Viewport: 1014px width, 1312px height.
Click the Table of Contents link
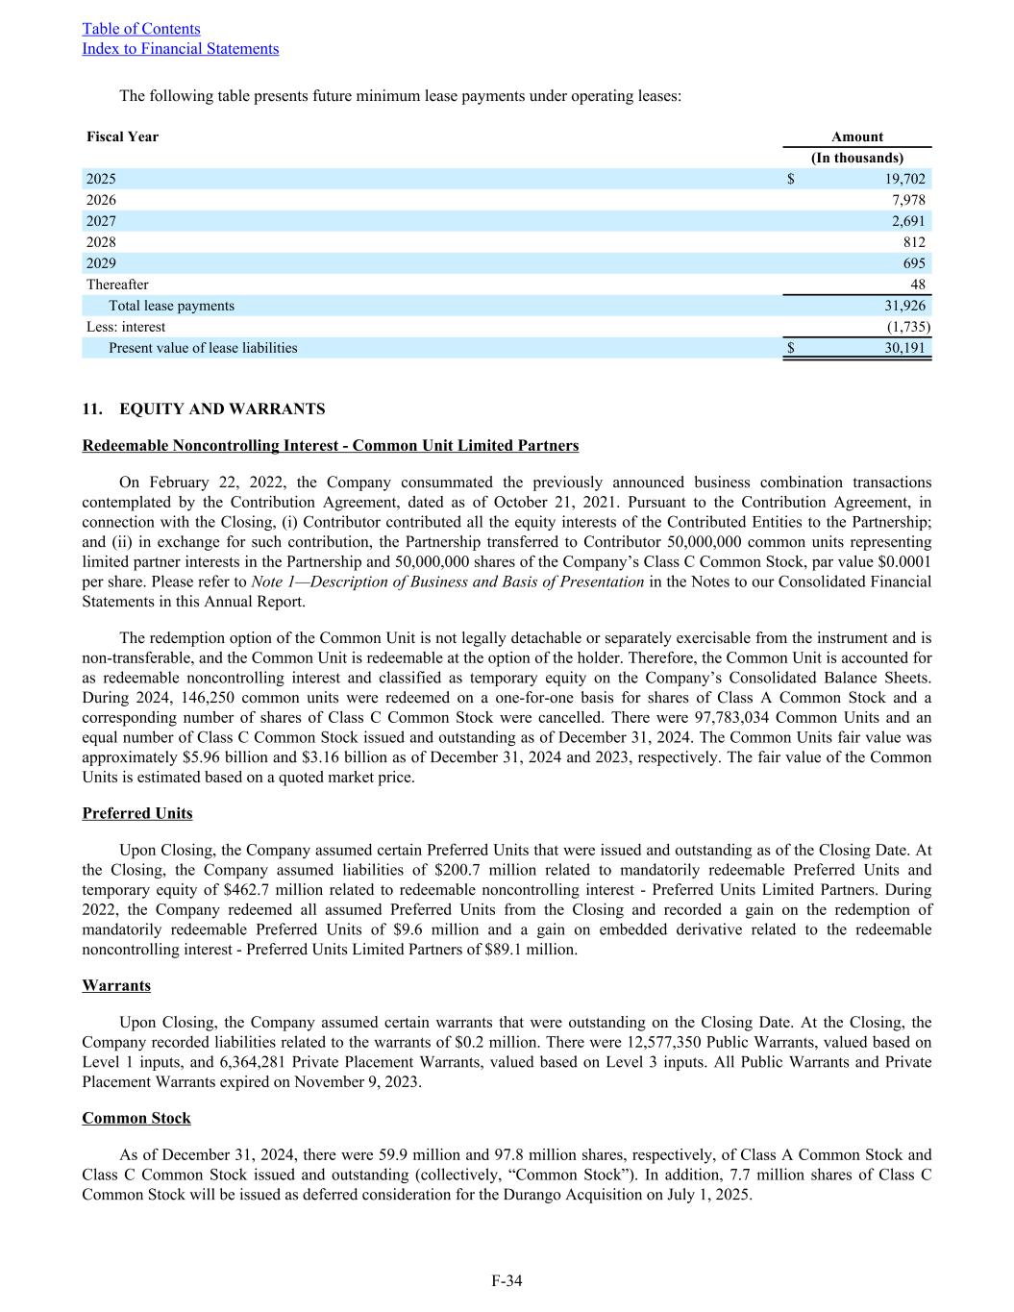(141, 29)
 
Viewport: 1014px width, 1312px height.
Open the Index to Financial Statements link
(181, 49)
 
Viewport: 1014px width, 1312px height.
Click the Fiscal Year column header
(122, 136)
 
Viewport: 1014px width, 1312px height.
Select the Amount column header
(856, 136)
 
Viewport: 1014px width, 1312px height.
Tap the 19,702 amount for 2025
(904, 179)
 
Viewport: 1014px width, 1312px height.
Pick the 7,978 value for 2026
(908, 200)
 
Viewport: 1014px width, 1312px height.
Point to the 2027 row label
(101, 221)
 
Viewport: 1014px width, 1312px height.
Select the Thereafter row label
(117, 285)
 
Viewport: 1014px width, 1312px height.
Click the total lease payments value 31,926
(904, 306)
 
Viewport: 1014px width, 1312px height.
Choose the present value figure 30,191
(904, 348)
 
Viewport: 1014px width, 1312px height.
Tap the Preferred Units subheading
(137, 813)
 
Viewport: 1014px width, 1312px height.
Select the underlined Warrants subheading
(116, 986)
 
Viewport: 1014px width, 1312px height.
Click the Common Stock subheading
(136, 1118)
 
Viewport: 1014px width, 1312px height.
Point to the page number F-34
(507, 1280)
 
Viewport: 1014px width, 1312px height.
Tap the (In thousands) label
(857, 158)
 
